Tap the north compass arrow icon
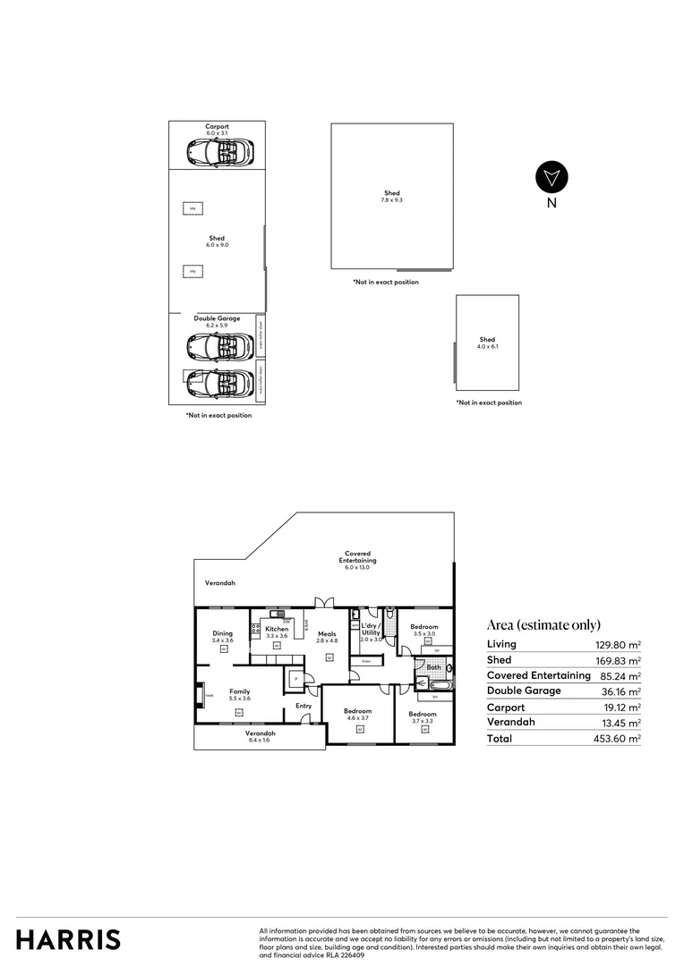[551, 177]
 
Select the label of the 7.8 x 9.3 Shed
[391, 197]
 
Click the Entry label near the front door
[304, 706]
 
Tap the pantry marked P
[294, 680]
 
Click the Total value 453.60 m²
[620, 739]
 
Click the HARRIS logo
[68, 939]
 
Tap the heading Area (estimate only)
[543, 625]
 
